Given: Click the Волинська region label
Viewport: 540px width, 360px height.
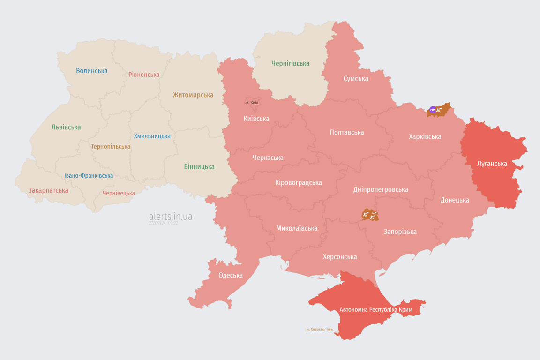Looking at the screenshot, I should pyautogui.click(x=92, y=71).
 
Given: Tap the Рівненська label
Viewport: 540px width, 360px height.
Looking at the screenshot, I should pyautogui.click(x=144, y=75).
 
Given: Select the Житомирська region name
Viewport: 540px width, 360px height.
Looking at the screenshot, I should pyautogui.click(x=193, y=95).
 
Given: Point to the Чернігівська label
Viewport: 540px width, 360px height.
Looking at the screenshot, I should pyautogui.click(x=290, y=63).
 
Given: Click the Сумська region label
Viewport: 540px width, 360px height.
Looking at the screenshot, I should pyautogui.click(x=356, y=78).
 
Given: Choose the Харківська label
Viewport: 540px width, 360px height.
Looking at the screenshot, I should pyautogui.click(x=425, y=136).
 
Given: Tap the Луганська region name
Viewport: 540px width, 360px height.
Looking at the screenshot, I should pyautogui.click(x=492, y=164).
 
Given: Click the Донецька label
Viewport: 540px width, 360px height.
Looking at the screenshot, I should pyautogui.click(x=455, y=200).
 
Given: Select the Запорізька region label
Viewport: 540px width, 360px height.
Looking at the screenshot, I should pyautogui.click(x=400, y=232).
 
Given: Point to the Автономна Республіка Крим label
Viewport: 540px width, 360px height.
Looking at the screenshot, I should pyautogui.click(x=375, y=310).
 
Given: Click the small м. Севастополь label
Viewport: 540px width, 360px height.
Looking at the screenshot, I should pyautogui.click(x=319, y=329).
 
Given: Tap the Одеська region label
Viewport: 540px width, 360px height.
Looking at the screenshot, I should pyautogui.click(x=231, y=275).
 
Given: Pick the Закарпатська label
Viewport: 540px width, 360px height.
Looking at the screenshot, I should pyautogui.click(x=48, y=190).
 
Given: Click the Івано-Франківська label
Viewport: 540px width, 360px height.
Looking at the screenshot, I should pyautogui.click(x=89, y=176).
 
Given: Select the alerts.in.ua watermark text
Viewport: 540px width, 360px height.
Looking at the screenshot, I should pyautogui.click(x=170, y=217).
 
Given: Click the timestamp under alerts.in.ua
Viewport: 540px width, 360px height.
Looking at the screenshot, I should pyautogui.click(x=163, y=223).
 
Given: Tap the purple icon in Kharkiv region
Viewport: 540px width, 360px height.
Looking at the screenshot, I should pyautogui.click(x=432, y=110).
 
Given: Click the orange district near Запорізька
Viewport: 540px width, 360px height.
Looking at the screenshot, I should pyautogui.click(x=370, y=215).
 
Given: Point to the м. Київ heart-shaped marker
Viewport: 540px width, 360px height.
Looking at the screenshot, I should pyautogui.click(x=252, y=102).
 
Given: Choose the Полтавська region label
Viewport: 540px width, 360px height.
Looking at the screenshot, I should pyautogui.click(x=347, y=132).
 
